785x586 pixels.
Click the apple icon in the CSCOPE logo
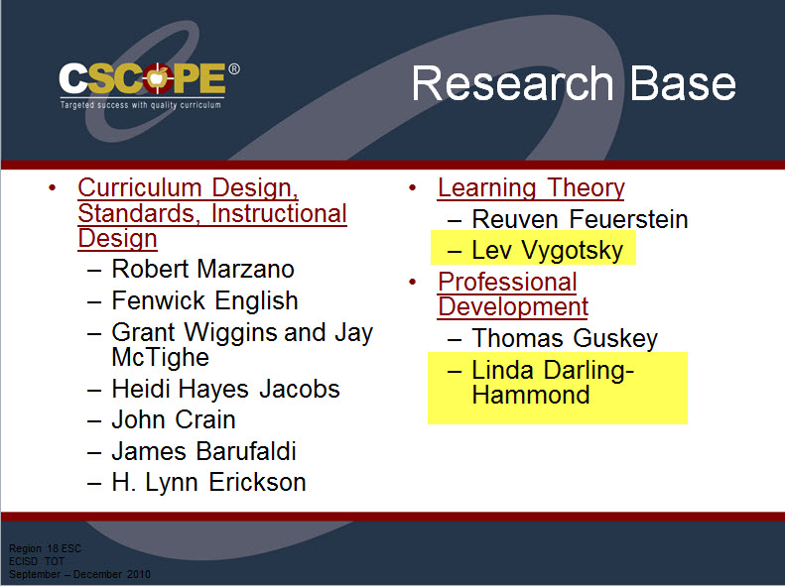[158, 78]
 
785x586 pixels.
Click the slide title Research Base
[574, 83]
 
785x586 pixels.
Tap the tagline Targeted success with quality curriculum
[141, 105]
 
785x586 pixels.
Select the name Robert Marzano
[202, 269]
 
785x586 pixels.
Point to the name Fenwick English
[204, 300]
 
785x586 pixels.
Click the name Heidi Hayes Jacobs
[226, 389]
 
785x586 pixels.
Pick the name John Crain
[174, 419]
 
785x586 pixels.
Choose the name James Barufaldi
[203, 451]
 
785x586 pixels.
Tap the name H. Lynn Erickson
[208, 483]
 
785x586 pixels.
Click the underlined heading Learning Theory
[531, 188]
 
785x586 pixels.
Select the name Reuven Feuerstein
[580, 219]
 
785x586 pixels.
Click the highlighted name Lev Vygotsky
[547, 251]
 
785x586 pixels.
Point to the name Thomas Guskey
[565, 338]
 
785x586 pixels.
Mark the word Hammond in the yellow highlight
[531, 395]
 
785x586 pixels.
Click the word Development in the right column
[513, 307]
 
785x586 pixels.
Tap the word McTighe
[160, 357]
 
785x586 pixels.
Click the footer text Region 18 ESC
[45, 548]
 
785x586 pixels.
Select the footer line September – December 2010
[79, 574]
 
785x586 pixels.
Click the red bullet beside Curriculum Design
[53, 188]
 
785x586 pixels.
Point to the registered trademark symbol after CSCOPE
[234, 69]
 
